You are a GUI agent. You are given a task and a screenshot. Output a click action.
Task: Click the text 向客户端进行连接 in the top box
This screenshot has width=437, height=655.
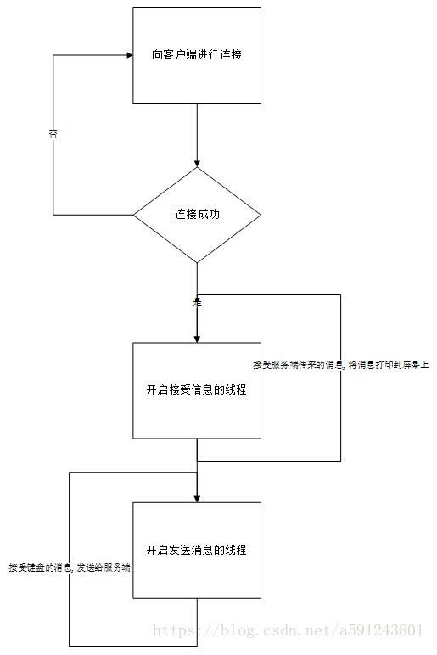(197, 54)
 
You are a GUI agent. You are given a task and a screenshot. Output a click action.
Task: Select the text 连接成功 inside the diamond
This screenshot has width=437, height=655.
(197, 214)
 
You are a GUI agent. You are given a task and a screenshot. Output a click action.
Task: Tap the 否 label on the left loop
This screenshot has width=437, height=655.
(53, 133)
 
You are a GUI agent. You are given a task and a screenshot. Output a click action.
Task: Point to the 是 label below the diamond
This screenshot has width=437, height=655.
(197, 301)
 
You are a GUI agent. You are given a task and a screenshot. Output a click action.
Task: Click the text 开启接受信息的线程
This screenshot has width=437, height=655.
(197, 389)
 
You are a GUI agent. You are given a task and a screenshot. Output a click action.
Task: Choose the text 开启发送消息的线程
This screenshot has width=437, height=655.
(197, 550)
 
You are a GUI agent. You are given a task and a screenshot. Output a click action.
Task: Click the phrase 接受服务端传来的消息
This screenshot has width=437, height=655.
(297, 365)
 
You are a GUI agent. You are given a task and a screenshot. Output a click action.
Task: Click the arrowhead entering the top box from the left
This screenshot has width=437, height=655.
(129, 55)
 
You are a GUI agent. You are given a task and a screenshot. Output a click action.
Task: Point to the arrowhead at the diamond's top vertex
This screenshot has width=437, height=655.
(197, 163)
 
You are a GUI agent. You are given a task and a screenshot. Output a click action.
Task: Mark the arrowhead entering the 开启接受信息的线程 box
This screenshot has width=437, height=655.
(197, 338)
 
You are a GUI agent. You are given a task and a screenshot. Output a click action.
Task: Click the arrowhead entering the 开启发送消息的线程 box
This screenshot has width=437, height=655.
(197, 497)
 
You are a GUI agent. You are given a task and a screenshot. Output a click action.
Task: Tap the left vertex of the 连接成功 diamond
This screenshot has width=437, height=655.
(134, 215)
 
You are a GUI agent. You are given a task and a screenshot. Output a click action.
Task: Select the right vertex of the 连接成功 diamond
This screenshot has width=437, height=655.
(261, 215)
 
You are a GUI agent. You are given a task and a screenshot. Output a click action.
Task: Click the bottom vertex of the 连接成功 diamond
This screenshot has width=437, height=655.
(197, 262)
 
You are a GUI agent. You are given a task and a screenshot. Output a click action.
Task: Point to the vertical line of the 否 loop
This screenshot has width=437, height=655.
(53, 170)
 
